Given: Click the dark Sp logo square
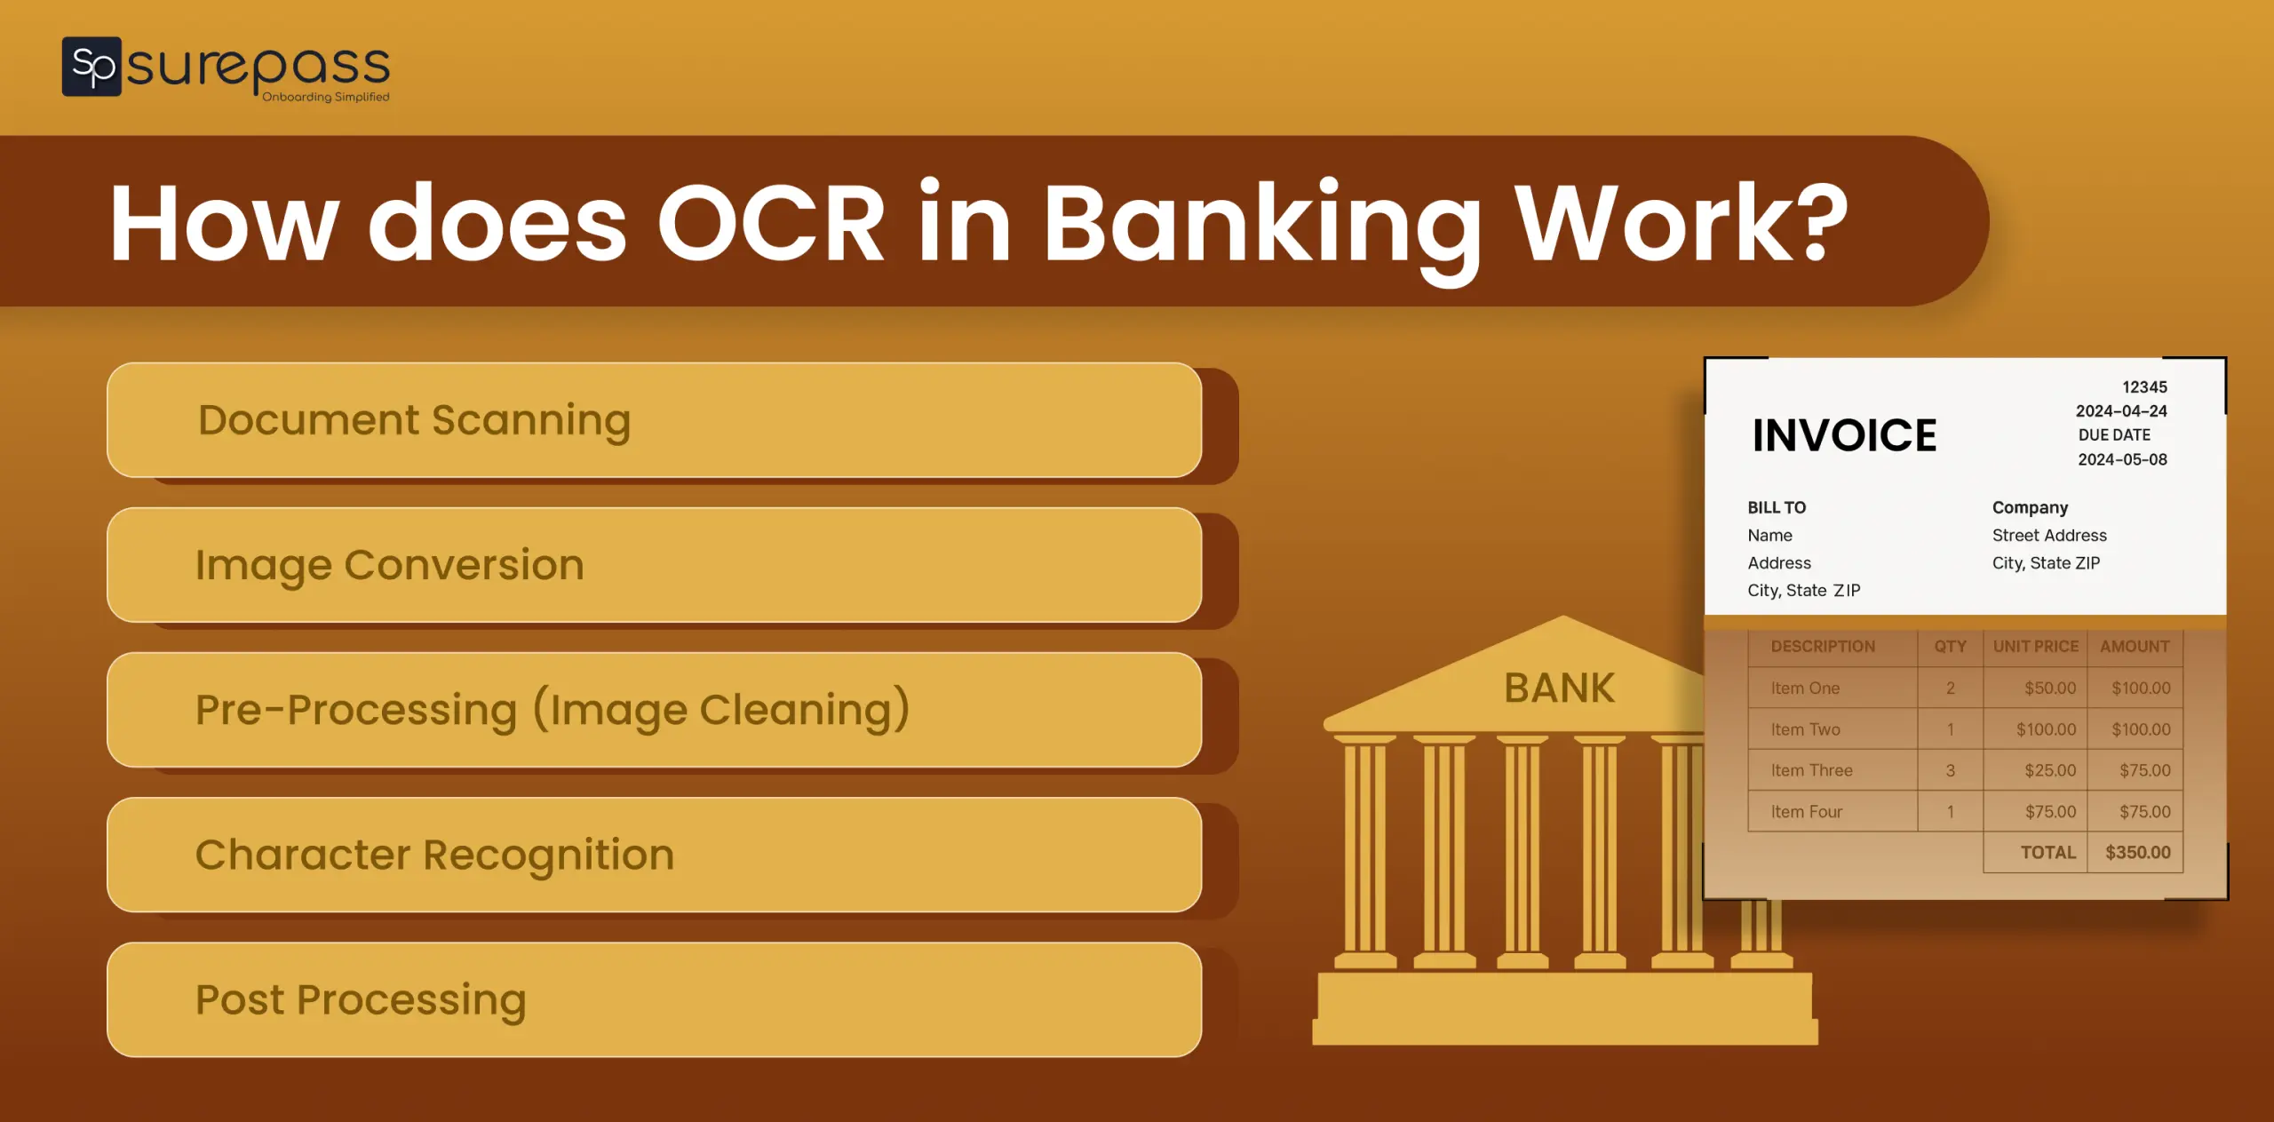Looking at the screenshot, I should click(x=91, y=66).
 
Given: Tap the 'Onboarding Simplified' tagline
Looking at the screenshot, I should click(x=325, y=97).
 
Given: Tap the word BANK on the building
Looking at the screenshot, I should click(x=1559, y=688).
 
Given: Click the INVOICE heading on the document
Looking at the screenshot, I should click(x=1844, y=435).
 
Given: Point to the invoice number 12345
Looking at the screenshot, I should click(x=2144, y=387).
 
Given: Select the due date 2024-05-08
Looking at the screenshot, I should click(x=2122, y=459).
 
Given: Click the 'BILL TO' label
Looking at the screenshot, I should click(x=1777, y=507).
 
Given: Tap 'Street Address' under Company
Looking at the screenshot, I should click(x=2049, y=535).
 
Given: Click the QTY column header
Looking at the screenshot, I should click(x=1950, y=647).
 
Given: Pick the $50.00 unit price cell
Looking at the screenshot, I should click(x=2050, y=688).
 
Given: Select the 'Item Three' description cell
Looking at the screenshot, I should click(x=1811, y=770).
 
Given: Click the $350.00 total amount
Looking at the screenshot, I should click(x=2137, y=852).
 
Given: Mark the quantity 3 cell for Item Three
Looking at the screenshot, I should click(x=1950, y=770).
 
